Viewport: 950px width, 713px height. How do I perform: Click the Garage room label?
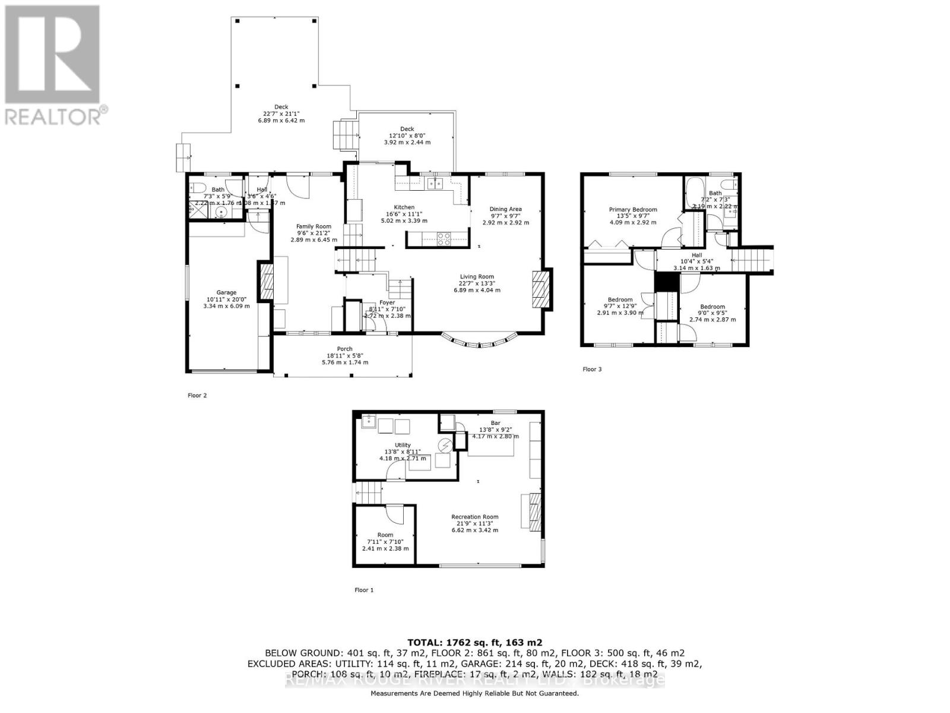(x=226, y=292)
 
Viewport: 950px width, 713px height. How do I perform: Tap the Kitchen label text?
(x=404, y=207)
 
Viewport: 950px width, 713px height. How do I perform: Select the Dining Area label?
(x=505, y=209)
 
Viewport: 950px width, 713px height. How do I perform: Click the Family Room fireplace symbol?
(x=265, y=282)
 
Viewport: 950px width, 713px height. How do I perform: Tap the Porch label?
(x=344, y=349)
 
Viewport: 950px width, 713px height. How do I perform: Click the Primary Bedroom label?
(x=633, y=210)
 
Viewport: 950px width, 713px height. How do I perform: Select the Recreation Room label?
(x=474, y=517)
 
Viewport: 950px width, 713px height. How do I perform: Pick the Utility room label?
(x=403, y=445)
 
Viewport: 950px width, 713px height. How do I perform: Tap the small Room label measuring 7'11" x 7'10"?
(x=385, y=535)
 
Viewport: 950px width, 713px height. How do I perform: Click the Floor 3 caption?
(x=592, y=370)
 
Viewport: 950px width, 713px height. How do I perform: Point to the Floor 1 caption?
(x=364, y=590)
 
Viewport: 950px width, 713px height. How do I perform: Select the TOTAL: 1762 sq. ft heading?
(x=474, y=642)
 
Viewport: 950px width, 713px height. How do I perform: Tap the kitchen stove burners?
(x=443, y=239)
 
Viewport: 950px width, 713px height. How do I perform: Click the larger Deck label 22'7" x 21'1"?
(x=281, y=107)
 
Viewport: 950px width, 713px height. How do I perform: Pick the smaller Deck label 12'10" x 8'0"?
(x=407, y=129)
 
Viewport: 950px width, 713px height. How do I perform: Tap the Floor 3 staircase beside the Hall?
(x=752, y=260)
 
